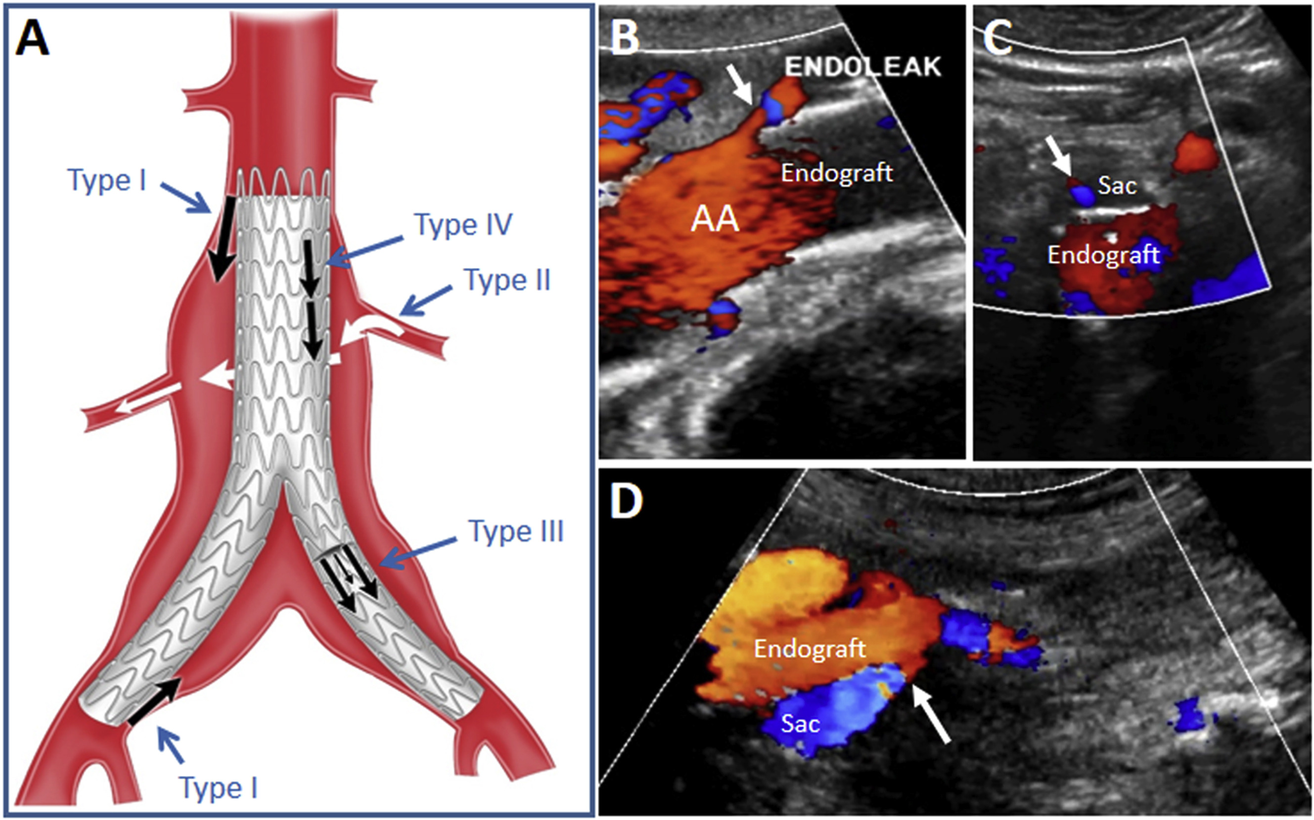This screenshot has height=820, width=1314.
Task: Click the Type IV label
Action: (463, 224)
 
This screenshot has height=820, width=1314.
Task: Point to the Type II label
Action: (507, 280)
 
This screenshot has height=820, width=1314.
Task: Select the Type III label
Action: (516, 531)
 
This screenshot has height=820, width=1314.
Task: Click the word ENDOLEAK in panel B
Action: (863, 67)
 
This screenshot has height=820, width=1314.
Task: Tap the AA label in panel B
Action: (715, 219)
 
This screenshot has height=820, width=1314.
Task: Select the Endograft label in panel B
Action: (837, 173)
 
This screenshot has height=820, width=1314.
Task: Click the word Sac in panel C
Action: (1117, 185)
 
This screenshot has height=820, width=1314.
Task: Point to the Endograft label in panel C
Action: (1103, 255)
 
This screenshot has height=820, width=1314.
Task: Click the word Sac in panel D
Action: (800, 724)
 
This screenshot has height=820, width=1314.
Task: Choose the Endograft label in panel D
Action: (810, 648)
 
